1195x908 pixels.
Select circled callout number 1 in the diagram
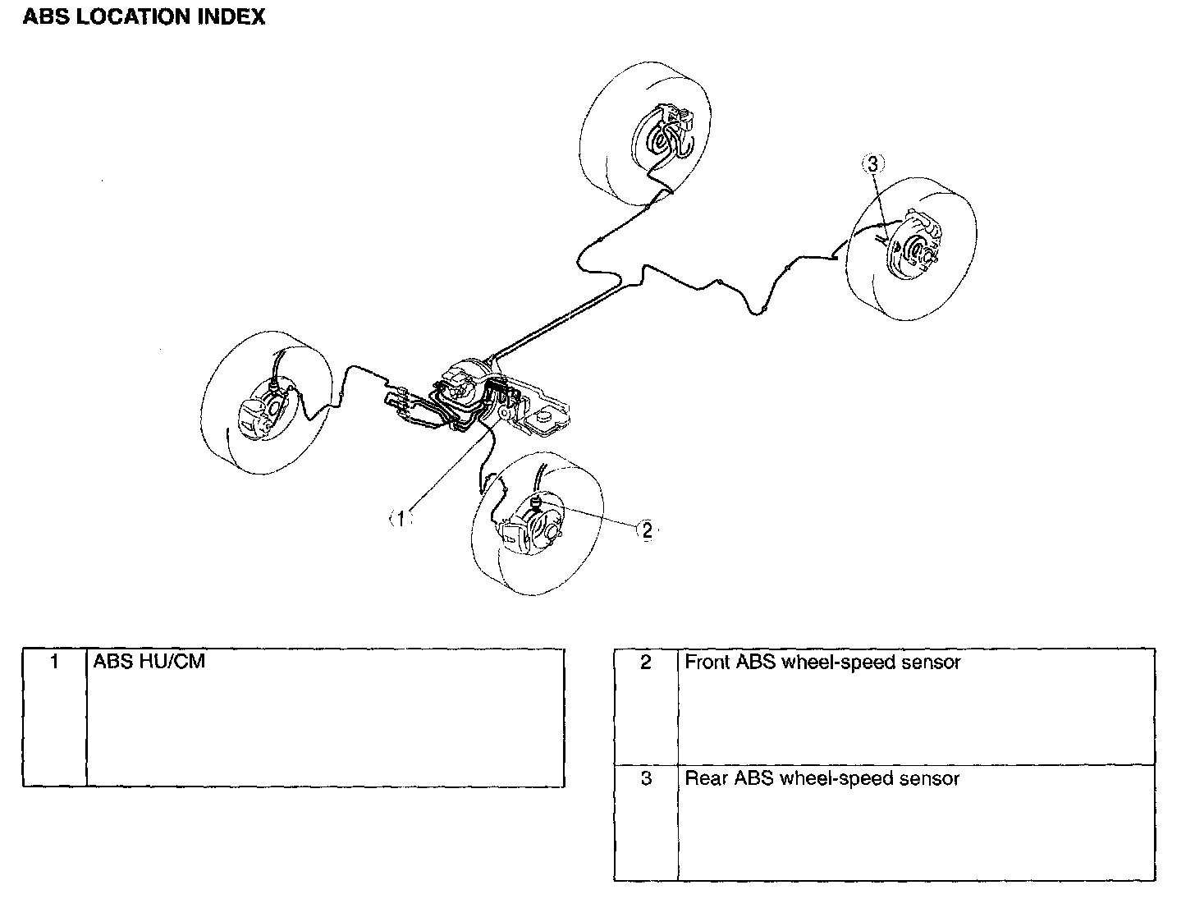coord(400,518)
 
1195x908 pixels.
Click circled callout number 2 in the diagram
coord(647,530)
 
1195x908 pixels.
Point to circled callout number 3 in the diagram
coord(872,164)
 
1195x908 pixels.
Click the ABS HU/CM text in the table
coord(149,662)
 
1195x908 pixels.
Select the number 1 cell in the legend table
coord(54,662)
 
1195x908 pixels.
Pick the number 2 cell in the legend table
coord(646,663)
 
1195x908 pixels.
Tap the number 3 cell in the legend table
coord(646,779)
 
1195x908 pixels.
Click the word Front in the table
coord(707,663)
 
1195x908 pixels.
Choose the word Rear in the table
coord(706,779)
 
